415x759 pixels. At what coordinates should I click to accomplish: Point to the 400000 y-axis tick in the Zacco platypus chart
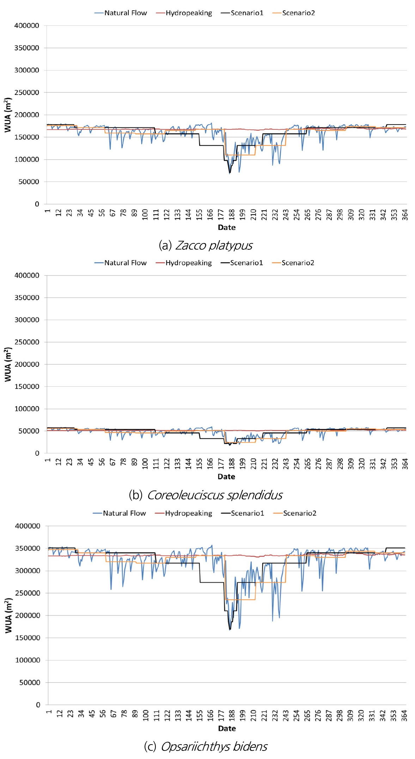[27, 26]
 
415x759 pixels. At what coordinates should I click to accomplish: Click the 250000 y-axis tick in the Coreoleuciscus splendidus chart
[27, 342]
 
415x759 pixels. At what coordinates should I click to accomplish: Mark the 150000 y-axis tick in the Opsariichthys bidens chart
[28, 638]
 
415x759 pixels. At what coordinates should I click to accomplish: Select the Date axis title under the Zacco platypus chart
[226, 227]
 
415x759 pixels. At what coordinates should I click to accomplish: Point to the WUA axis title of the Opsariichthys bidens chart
[8, 615]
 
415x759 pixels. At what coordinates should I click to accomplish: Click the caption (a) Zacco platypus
[206, 245]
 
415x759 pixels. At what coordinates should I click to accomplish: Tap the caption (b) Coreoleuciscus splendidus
[206, 495]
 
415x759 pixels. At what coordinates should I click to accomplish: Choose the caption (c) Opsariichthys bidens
[206, 746]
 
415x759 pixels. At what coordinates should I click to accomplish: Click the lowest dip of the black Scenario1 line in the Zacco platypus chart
[230, 173]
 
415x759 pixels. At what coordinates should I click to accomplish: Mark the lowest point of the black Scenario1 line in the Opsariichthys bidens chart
[230, 630]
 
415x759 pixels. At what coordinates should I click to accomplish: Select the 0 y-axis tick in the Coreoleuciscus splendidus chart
[37, 453]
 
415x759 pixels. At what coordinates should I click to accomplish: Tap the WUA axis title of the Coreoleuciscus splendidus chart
[8, 364]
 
